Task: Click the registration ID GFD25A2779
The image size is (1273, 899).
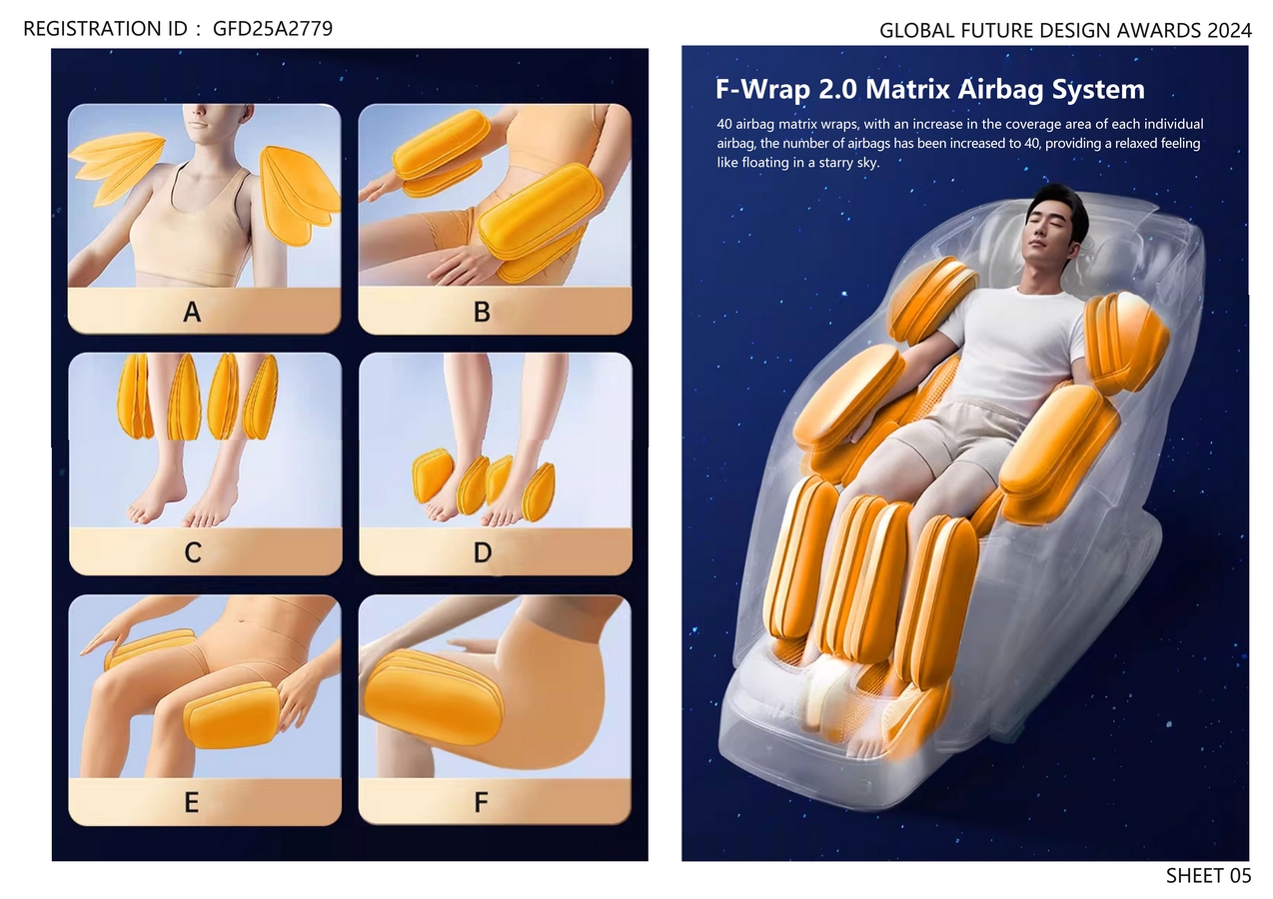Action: pos(272,28)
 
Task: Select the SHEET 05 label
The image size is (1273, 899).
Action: pos(1208,876)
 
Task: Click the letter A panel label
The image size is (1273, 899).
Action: pos(192,312)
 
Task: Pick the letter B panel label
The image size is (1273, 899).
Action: pos(482,312)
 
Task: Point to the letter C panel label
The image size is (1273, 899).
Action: pos(193,551)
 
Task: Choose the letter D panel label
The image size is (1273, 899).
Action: pos(483,551)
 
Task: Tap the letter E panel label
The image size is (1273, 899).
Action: pos(192,802)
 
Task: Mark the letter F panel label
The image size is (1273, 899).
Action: pos(482,802)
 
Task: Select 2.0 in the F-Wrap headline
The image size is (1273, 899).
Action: pos(837,89)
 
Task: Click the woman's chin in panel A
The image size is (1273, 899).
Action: pos(197,128)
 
